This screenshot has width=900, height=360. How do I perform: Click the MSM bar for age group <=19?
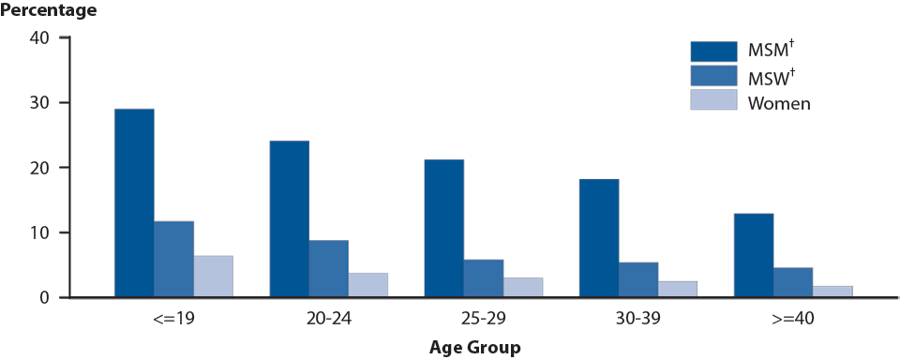(x=134, y=203)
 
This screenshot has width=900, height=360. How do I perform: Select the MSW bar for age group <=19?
(x=173, y=260)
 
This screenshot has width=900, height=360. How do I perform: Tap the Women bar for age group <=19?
(x=213, y=277)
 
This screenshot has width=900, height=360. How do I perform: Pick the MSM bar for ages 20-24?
(x=289, y=219)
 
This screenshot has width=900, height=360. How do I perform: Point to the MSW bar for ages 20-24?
(x=328, y=269)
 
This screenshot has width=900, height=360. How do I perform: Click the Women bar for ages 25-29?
(x=522, y=288)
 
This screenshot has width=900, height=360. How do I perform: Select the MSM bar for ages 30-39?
(x=598, y=238)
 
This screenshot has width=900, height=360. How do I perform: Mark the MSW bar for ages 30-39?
(x=637, y=280)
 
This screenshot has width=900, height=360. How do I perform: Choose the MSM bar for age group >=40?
(x=753, y=256)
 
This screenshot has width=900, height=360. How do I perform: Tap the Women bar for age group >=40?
(x=832, y=292)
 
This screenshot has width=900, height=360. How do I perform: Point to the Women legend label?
(x=778, y=103)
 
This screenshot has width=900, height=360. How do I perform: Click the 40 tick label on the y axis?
(x=39, y=37)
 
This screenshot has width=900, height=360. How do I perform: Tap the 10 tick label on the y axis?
(x=39, y=232)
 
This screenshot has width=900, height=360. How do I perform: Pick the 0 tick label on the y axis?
(x=44, y=298)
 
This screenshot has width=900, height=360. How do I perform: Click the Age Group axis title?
(x=474, y=348)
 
